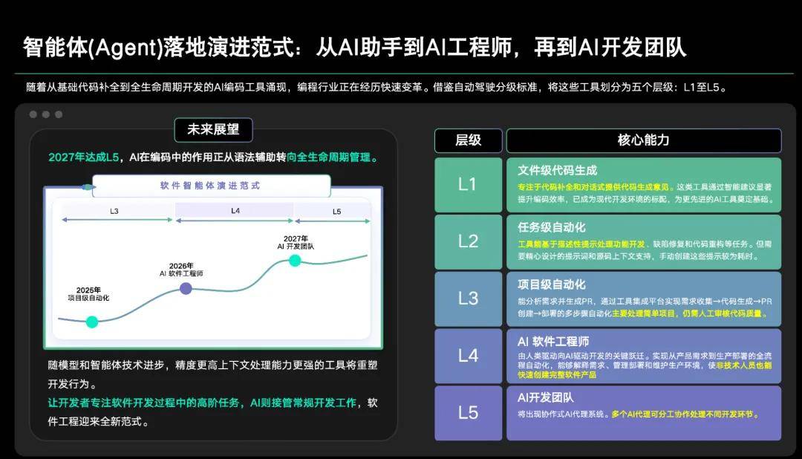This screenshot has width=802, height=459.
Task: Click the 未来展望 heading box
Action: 213,130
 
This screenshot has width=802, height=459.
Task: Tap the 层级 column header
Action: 468,140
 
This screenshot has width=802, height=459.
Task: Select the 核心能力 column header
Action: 643,140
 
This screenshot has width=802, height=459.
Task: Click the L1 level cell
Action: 468,184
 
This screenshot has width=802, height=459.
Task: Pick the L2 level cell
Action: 468,241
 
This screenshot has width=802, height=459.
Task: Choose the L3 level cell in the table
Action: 468,299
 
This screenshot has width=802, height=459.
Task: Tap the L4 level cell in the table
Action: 468,356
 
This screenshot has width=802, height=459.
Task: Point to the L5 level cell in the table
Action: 468,413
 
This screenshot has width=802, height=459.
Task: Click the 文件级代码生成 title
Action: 557,170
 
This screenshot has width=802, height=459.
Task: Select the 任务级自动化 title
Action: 552,227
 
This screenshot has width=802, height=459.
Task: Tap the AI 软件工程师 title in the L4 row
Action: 553,342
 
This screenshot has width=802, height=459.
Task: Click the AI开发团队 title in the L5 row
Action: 546,398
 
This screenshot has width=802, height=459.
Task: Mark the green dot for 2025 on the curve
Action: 92,322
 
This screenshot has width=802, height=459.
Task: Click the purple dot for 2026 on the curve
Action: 186,288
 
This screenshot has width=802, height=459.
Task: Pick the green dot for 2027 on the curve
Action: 295,260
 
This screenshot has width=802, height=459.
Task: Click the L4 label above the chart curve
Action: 235,211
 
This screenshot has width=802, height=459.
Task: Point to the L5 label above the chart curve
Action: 336,212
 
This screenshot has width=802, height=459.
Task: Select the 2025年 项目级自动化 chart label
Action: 88,294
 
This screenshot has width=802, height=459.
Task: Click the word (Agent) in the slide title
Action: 120,48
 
